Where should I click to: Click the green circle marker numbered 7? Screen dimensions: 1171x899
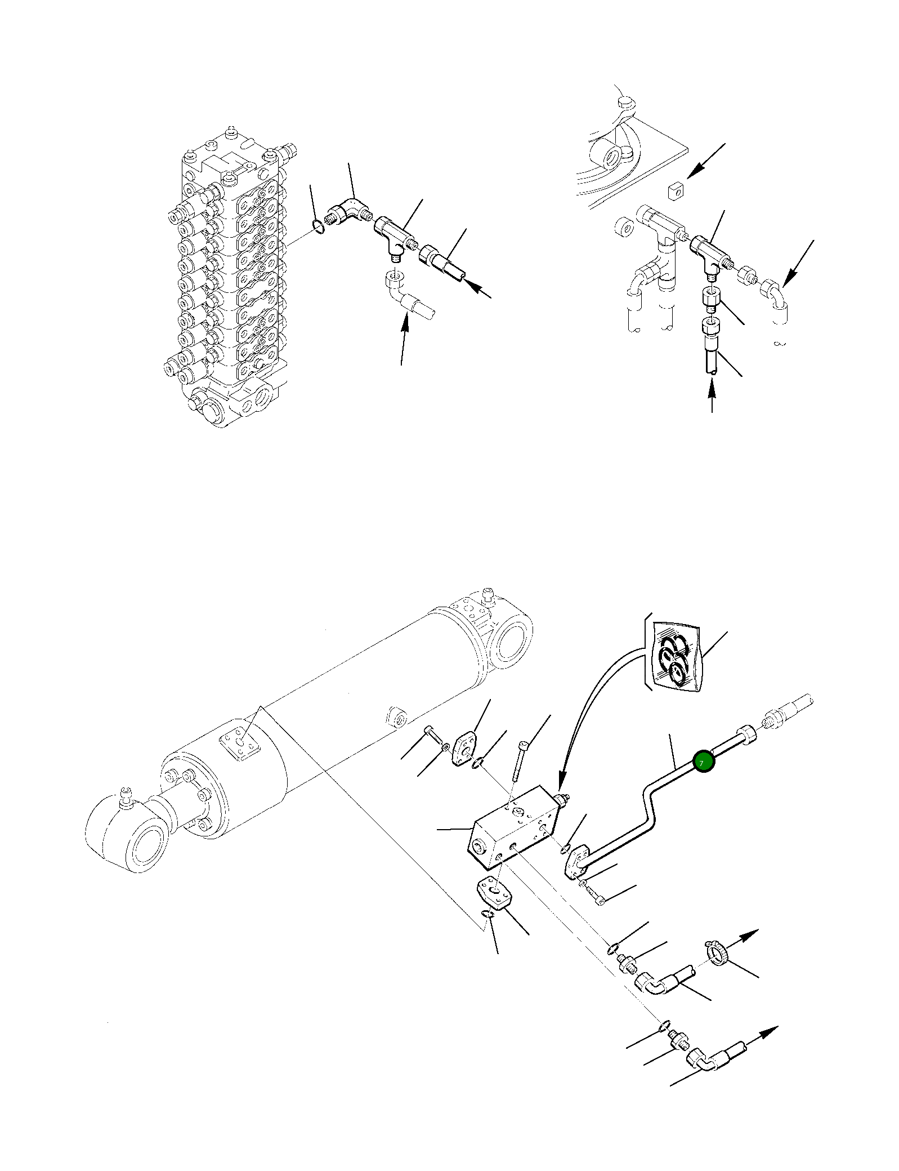(x=704, y=763)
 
